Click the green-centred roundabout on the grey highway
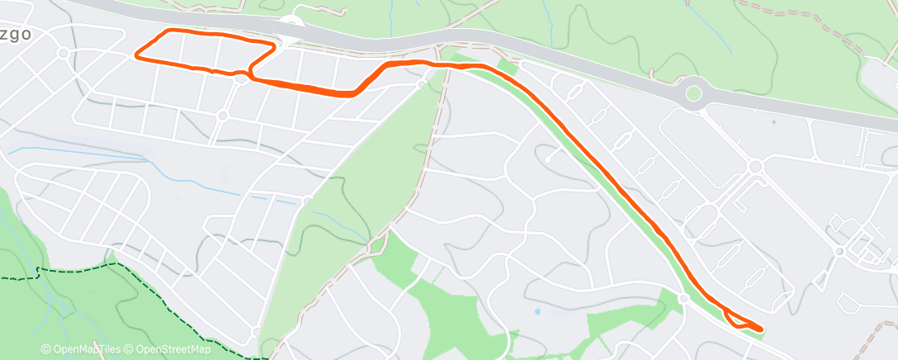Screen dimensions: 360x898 point(693,92)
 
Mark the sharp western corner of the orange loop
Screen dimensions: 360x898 point(136,58)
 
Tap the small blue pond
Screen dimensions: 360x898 point(537,311)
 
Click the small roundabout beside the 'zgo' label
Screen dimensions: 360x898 point(63,53)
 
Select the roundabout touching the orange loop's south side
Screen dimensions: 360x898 point(241,78)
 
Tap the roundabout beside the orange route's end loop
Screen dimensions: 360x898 point(683,297)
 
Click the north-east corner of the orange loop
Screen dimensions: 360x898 point(272,45)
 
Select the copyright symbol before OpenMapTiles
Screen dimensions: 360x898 point(46,349)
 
